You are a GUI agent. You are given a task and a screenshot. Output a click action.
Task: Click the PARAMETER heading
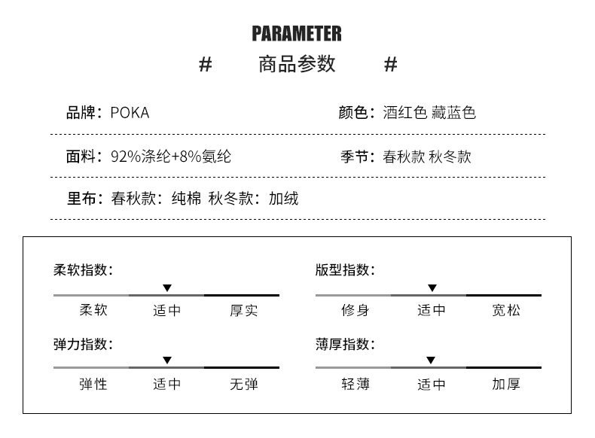coord(296,34)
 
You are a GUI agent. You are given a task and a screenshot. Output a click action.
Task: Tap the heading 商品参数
coord(296,65)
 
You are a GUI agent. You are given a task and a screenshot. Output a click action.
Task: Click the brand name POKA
coord(130,113)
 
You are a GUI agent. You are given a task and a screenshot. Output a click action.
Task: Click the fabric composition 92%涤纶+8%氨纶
coord(170,157)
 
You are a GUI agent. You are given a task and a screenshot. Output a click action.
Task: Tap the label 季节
coord(354,157)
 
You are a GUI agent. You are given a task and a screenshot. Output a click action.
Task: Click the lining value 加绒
coord(283,199)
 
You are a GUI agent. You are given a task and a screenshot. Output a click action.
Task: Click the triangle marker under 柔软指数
coord(167,288)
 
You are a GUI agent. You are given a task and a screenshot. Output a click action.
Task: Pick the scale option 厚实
coord(243,311)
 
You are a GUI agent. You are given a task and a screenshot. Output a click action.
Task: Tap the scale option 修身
coord(355,311)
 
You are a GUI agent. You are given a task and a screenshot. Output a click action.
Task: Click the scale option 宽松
coord(505,311)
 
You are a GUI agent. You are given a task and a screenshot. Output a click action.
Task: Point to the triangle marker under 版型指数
coord(432,288)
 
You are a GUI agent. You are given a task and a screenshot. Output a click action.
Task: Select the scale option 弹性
coord(93,385)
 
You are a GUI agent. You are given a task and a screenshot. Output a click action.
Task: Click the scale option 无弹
coord(243,385)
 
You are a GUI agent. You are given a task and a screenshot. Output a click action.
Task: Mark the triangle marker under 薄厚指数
coord(430,360)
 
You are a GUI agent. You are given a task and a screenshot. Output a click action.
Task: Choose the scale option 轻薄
coord(355,385)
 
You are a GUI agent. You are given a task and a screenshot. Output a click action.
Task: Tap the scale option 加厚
coord(505,385)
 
